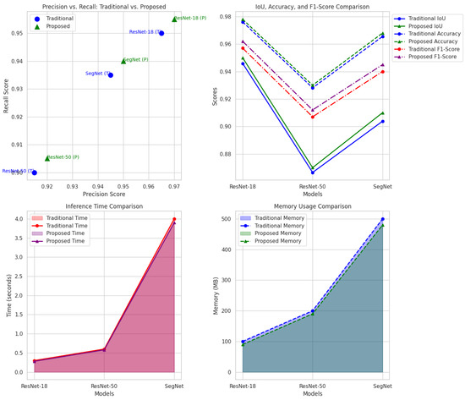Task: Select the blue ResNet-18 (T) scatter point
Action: [x=161, y=33]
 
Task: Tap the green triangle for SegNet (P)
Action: [x=123, y=61]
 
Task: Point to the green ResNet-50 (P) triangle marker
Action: [x=47, y=158]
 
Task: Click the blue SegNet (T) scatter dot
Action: [x=111, y=75]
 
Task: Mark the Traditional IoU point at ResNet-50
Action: [x=313, y=173]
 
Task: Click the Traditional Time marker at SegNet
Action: [x=174, y=219]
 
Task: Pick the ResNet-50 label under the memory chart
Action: [x=313, y=386]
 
